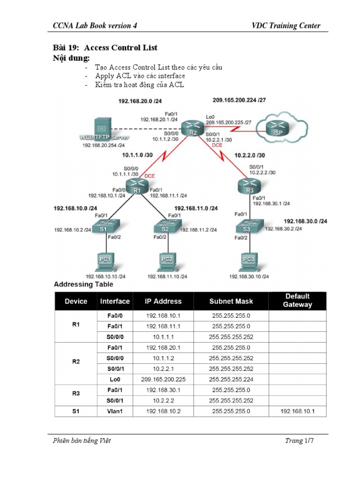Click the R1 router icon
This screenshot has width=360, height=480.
coord(136,186)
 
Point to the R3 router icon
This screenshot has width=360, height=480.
coord(249,185)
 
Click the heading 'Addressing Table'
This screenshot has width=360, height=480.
coord(83,284)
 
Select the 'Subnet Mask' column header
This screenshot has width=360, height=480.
coord(231,301)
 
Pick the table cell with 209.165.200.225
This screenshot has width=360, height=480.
coord(163,379)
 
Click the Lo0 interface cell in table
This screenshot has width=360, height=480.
coord(115,379)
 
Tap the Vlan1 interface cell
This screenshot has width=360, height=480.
coord(115,411)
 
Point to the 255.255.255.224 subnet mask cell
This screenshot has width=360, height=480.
coord(231,379)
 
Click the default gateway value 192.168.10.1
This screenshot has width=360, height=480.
coord(297,411)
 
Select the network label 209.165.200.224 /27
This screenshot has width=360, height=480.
coord(239,100)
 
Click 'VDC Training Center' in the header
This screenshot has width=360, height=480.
coord(286,26)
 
